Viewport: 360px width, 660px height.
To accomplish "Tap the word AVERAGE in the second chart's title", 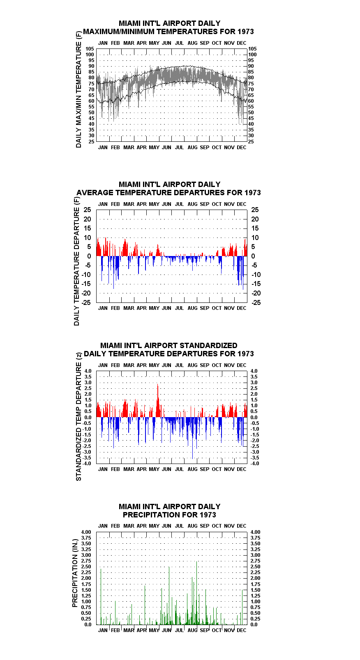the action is tap(95, 193).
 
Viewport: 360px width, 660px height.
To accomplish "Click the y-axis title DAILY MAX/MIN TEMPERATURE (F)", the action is tap(78, 89).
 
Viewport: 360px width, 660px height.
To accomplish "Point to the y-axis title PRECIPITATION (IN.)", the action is tap(75, 573).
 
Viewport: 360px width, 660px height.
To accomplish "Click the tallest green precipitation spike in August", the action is tap(196, 593).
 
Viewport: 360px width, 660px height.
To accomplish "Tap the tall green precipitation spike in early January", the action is tap(101, 596).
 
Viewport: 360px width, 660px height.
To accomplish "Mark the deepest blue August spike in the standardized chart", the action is tap(192, 438).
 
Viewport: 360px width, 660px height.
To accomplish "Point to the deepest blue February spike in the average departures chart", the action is tap(114, 272).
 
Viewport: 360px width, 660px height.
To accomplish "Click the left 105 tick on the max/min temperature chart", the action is tap(90, 49).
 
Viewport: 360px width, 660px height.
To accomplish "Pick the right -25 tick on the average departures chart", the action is tap(256, 302).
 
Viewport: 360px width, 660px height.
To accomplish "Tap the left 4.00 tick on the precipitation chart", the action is tap(86, 532).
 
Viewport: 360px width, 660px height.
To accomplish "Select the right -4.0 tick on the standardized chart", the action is tap(255, 464).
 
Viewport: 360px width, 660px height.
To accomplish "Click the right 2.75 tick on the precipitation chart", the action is tap(256, 561).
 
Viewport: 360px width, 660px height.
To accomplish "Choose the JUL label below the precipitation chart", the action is tap(180, 630).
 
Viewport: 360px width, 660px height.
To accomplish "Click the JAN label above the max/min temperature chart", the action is tap(103, 43).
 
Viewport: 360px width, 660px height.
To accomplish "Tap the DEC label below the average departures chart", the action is tap(242, 308).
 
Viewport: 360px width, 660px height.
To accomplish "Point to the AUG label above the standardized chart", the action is tap(192, 365).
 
